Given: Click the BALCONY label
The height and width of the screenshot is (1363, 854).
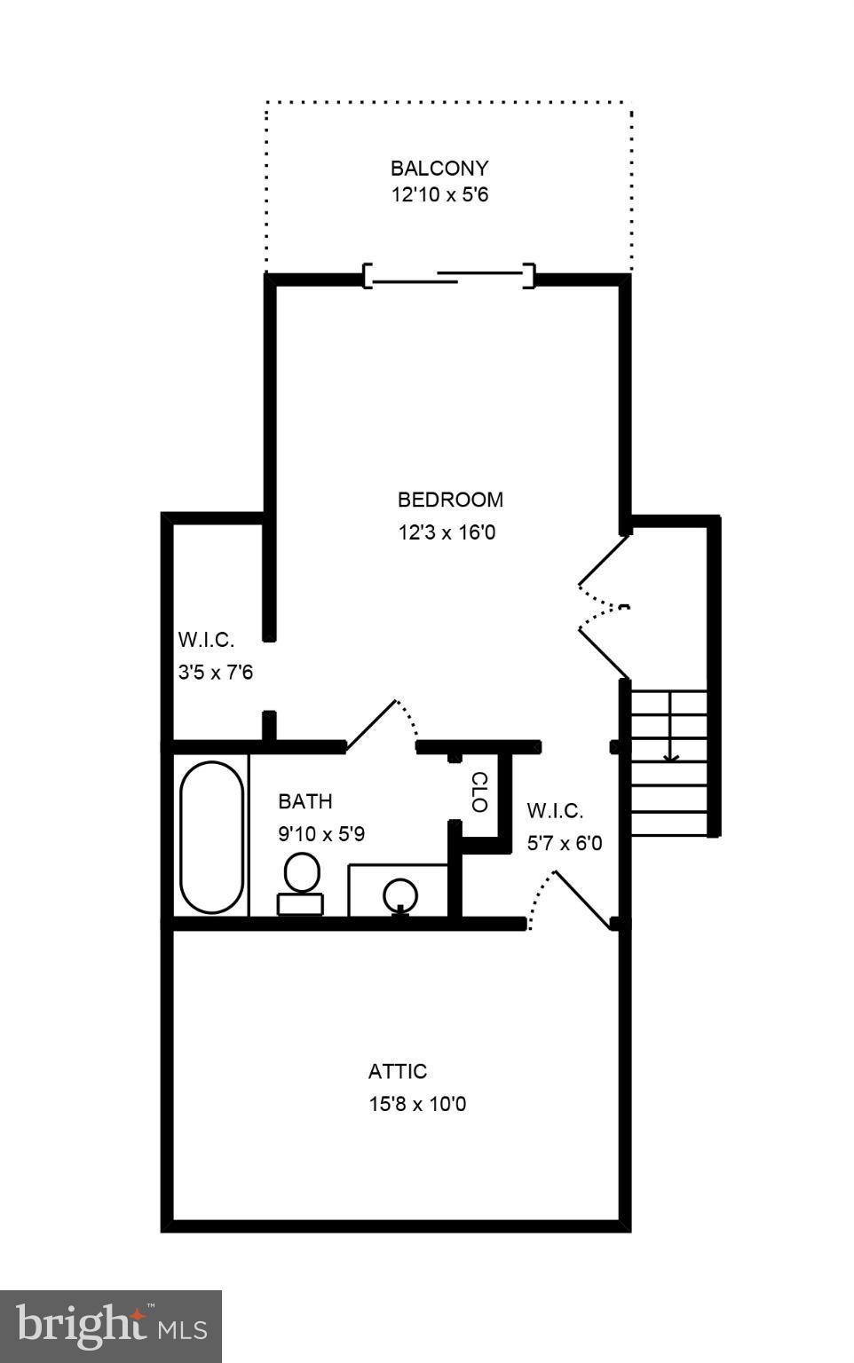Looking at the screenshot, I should [x=439, y=168].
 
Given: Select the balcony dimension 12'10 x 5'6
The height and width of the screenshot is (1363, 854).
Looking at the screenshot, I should [x=439, y=194].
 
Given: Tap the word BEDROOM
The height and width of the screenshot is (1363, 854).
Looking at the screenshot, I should [x=450, y=500].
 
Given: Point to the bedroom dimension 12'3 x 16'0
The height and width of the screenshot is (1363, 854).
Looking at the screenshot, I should [x=447, y=532].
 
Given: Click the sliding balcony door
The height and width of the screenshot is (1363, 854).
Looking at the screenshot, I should [x=450, y=277].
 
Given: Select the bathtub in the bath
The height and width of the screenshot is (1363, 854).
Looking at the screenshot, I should [x=212, y=837].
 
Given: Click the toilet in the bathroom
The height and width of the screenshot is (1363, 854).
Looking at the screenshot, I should [x=301, y=882].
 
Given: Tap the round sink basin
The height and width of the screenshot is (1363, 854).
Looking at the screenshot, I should [x=400, y=894].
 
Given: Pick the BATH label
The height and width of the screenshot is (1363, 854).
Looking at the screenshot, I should [x=305, y=801].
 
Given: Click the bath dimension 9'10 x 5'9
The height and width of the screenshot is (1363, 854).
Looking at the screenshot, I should [x=321, y=834].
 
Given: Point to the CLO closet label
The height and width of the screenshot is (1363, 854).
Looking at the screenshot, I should [x=478, y=792].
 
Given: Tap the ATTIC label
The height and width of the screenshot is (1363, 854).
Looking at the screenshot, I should [x=398, y=1071].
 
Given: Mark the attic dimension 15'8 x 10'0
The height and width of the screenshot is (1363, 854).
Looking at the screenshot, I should [x=417, y=1104].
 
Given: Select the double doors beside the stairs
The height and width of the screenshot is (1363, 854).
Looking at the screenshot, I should [x=604, y=607].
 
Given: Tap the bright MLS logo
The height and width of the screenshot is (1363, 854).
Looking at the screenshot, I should [x=111, y=1326].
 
